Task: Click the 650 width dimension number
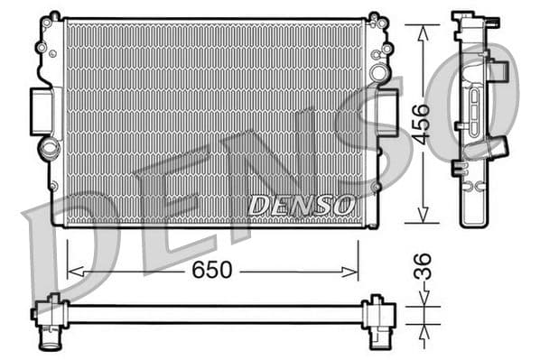(x=213, y=269)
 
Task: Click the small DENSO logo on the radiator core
(x=302, y=205)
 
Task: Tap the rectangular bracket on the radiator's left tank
(x=42, y=111)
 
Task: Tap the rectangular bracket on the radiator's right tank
(x=386, y=113)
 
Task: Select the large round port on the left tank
(x=47, y=147)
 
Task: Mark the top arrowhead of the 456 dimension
(x=421, y=29)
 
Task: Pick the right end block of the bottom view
(x=377, y=313)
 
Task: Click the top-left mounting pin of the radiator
(x=53, y=16)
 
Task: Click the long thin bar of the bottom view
(x=213, y=313)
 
